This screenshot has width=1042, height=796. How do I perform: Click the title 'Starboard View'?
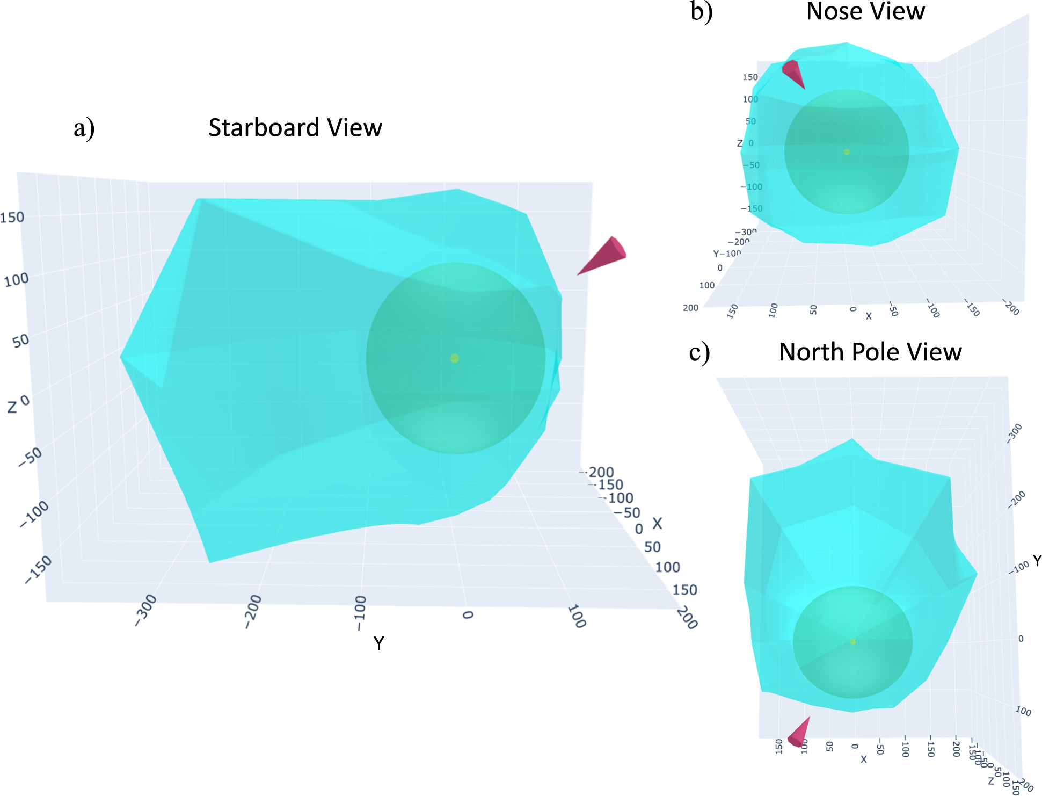click(x=295, y=128)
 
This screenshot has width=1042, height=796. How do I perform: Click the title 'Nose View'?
click(x=865, y=12)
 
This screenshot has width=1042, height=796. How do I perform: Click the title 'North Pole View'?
click(x=870, y=352)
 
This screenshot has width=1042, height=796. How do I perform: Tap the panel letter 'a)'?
click(x=84, y=128)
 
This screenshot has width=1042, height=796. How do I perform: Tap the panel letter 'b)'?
click(x=701, y=12)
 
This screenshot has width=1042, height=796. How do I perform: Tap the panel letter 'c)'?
click(x=699, y=352)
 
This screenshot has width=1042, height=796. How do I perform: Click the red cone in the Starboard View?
click(x=605, y=256)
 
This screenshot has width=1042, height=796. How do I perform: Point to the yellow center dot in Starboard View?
click(x=455, y=358)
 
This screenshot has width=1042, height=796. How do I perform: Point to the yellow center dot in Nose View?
click(x=847, y=152)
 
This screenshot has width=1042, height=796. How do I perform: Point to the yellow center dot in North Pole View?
click(x=852, y=642)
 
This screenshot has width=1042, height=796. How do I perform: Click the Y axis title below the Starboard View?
click(x=378, y=643)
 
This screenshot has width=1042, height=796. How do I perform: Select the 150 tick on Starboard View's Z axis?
click(x=12, y=218)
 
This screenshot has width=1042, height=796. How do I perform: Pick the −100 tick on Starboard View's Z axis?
click(x=34, y=513)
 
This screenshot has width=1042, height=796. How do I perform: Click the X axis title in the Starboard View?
click(x=657, y=523)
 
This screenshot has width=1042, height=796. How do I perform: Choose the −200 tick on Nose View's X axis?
click(x=1011, y=308)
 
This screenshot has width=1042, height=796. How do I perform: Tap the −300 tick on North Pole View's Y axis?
click(x=1014, y=433)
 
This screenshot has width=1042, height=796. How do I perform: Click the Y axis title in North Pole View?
click(x=1037, y=561)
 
